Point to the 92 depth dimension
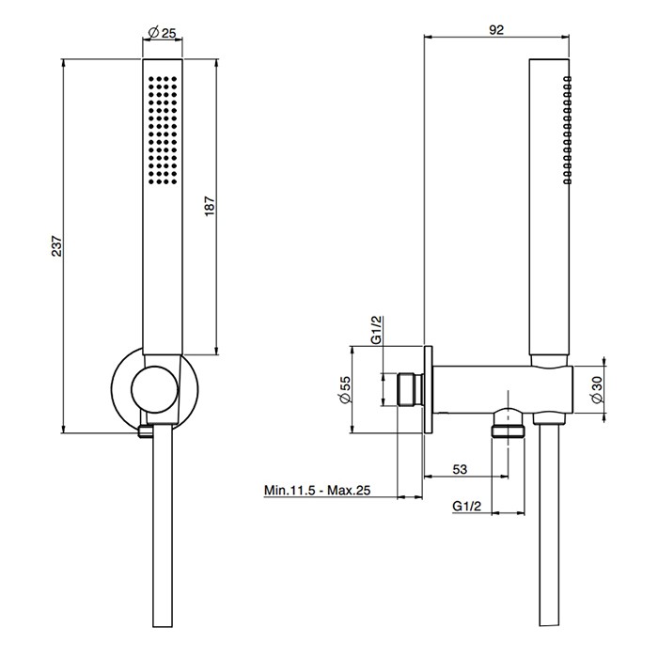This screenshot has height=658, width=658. coord(497,30)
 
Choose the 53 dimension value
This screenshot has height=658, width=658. coord(462,468)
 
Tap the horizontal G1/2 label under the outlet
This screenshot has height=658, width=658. coord(466,507)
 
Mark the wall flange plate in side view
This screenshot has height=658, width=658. coord(429,388)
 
